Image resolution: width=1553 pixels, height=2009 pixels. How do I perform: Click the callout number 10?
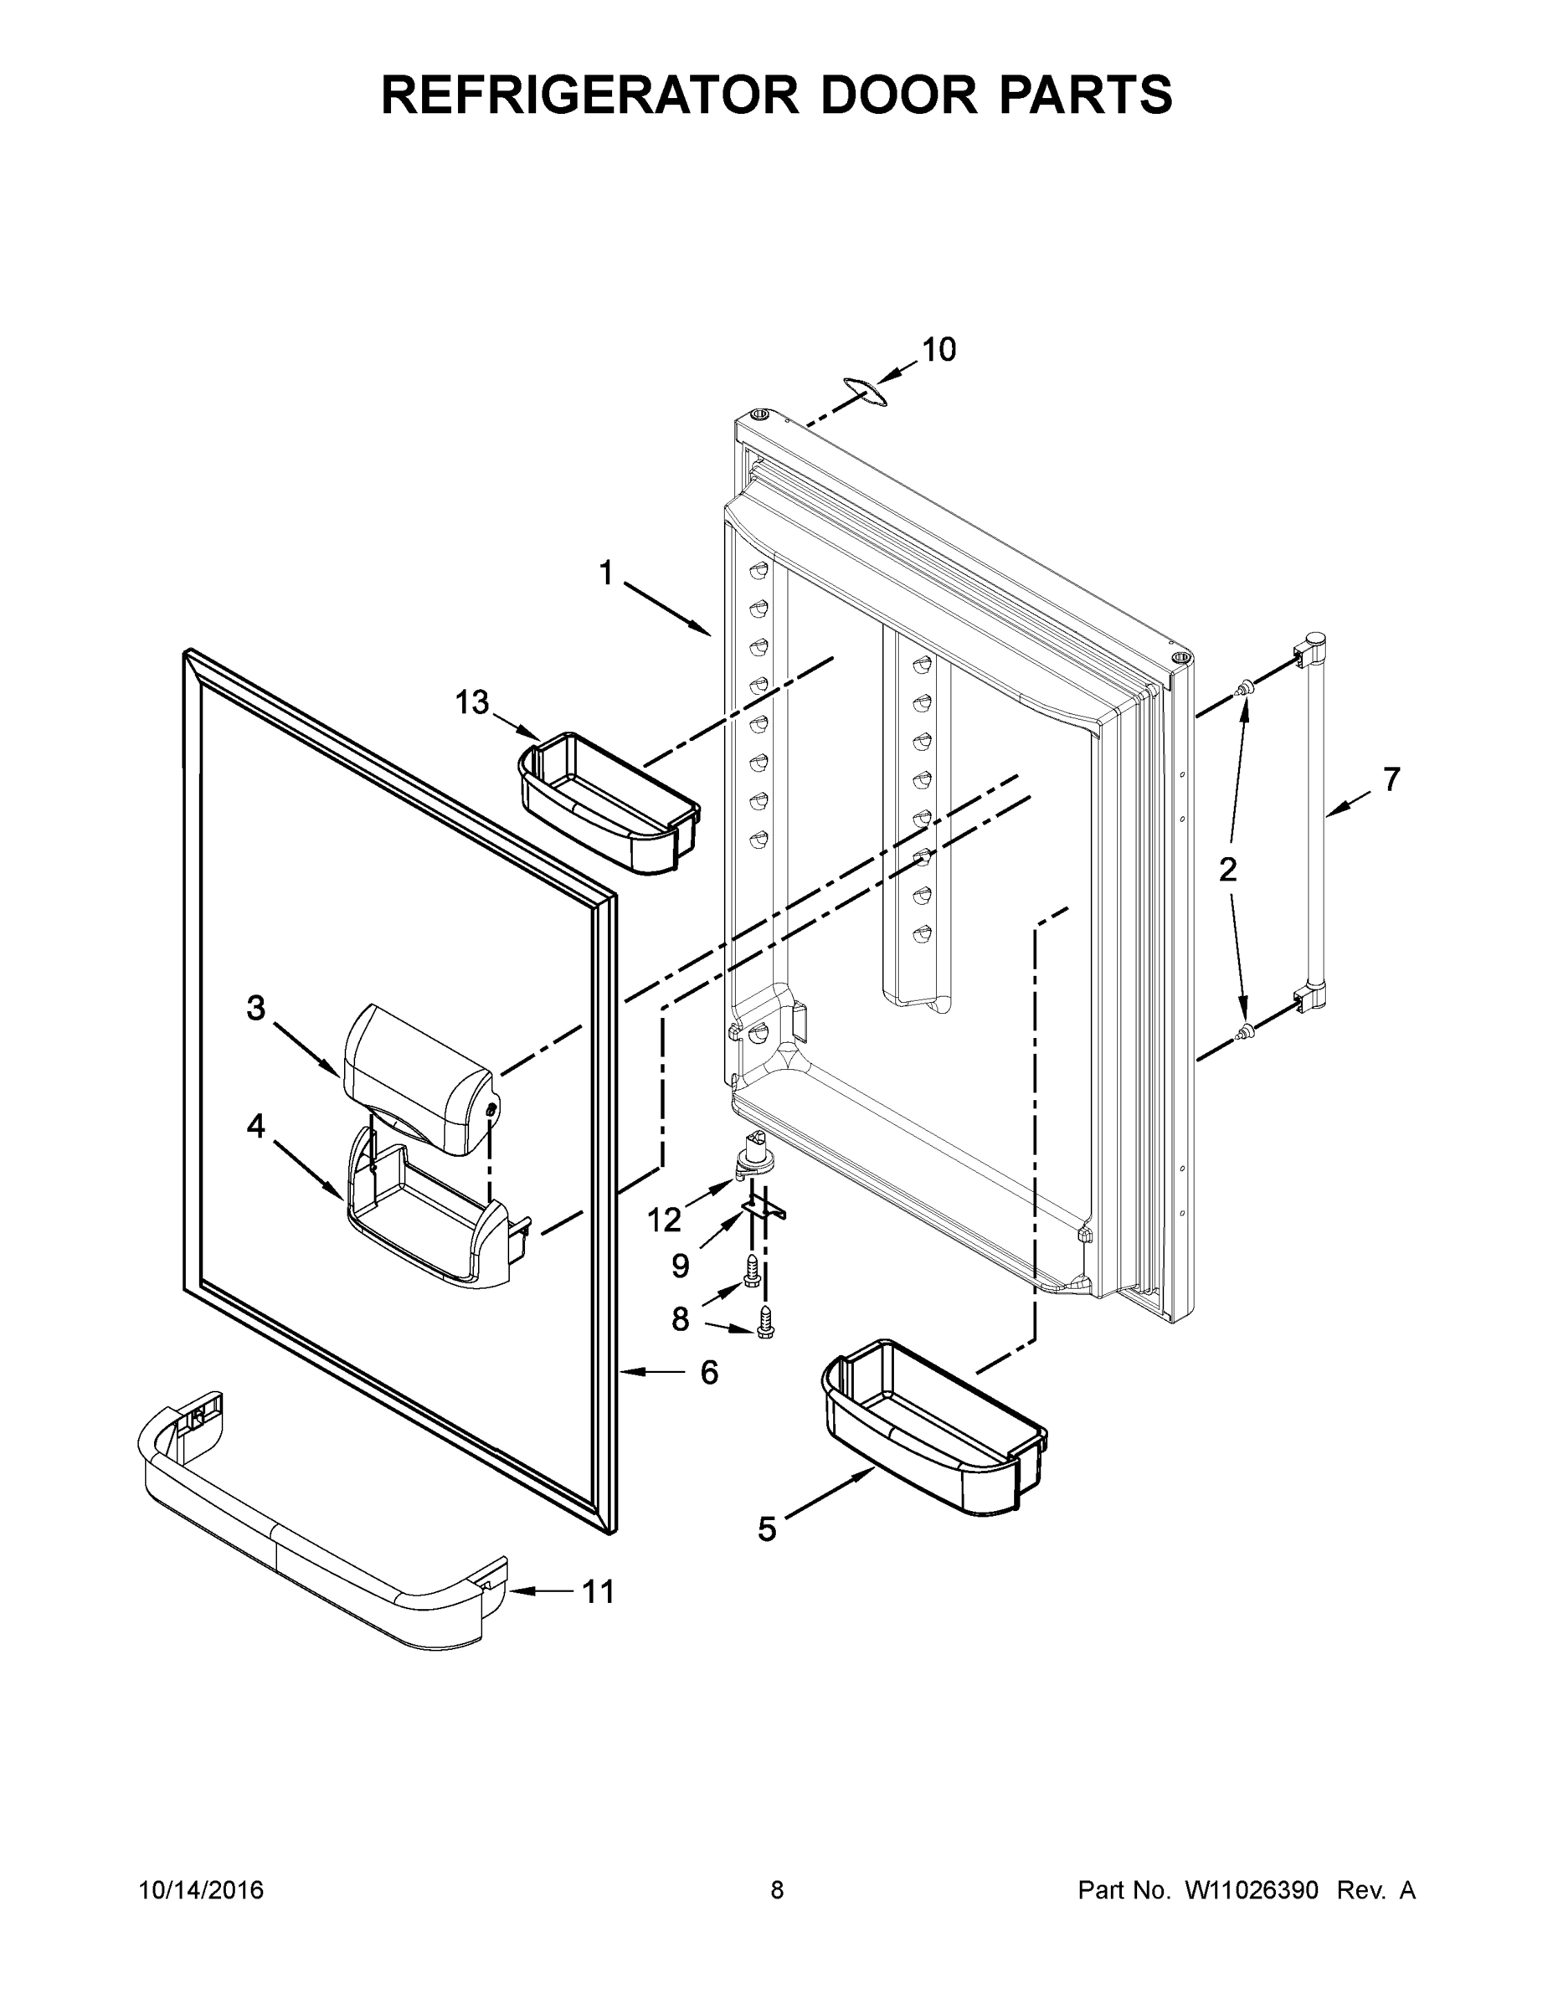pyautogui.click(x=939, y=350)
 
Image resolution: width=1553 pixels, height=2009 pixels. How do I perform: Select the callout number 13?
pyautogui.click(x=472, y=703)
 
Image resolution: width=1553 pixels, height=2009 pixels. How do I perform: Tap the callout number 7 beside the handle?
pyautogui.click(x=1392, y=779)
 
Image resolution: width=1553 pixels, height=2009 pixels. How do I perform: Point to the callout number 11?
pyautogui.click(x=599, y=1591)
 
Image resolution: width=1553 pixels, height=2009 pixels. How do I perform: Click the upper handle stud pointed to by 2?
pyautogui.click(x=1245, y=686)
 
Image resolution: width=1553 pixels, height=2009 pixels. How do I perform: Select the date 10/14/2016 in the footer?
pyautogui.click(x=201, y=1889)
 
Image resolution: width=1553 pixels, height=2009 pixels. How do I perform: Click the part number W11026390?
pyautogui.click(x=1252, y=1889)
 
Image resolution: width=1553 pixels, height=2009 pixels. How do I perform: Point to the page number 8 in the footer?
pyautogui.click(x=777, y=1889)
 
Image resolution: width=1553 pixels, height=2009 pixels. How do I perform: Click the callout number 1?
pyautogui.click(x=605, y=574)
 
